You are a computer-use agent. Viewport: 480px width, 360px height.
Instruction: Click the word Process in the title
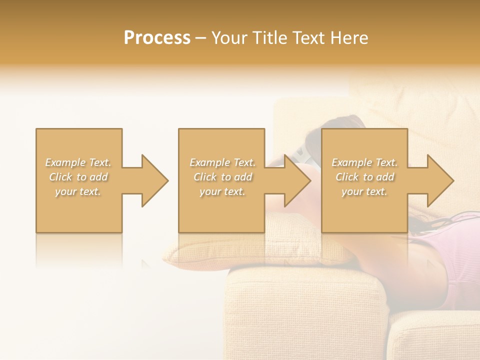pos(157,38)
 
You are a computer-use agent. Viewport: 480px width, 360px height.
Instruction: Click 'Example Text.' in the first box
pos(78,162)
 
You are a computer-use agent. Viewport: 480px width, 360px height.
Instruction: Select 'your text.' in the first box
pos(78,191)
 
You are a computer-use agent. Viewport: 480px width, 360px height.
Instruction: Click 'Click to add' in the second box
pos(222,177)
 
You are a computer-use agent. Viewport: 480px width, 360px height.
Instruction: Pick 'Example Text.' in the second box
pos(222,162)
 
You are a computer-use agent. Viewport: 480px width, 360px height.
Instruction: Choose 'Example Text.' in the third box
pos(364,162)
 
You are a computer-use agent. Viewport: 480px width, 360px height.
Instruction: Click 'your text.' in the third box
pos(364,191)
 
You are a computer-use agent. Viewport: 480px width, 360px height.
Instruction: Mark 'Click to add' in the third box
pos(364,177)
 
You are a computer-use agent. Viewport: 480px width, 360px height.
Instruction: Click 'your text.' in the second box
pos(222,191)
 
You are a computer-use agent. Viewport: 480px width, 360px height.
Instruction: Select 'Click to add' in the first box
pos(78,177)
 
